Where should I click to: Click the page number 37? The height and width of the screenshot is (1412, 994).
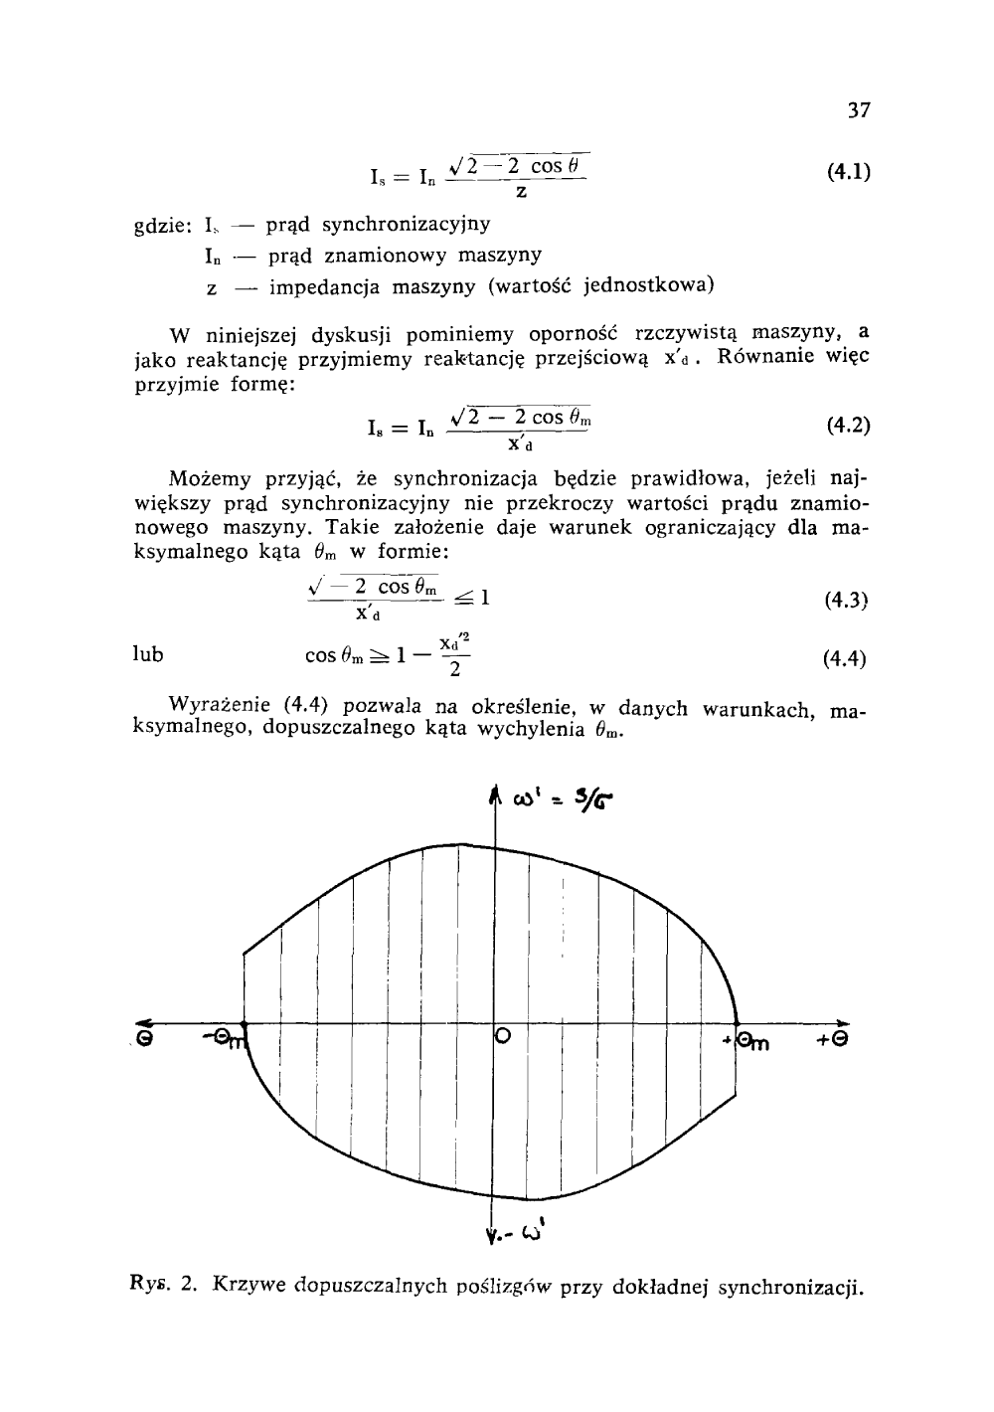859,110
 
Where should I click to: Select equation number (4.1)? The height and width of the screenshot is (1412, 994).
848,172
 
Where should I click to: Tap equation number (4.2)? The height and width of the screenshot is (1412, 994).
848,427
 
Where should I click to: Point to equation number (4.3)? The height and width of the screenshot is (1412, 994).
848,600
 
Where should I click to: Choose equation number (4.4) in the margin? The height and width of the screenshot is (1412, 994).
848,658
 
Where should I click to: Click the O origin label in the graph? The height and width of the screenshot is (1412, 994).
503,1037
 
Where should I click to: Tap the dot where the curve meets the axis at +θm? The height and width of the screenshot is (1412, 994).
737,1022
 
